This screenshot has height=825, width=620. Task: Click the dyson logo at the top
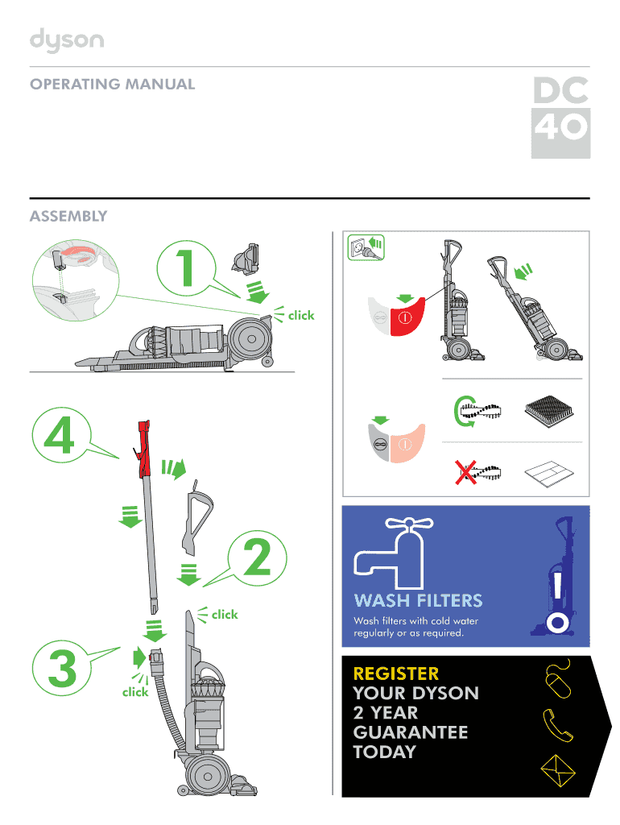(x=67, y=40)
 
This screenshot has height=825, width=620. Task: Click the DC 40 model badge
(x=560, y=118)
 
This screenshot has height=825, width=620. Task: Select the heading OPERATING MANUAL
(x=113, y=84)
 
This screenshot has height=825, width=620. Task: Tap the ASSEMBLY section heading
(x=68, y=216)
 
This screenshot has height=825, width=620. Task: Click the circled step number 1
(x=186, y=267)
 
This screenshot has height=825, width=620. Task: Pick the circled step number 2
(x=257, y=558)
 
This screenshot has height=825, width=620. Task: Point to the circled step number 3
(x=62, y=668)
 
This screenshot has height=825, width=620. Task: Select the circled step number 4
(x=61, y=435)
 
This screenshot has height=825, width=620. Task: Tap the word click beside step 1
(x=301, y=316)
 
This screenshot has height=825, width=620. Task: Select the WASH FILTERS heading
(x=419, y=600)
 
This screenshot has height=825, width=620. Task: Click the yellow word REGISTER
(x=396, y=674)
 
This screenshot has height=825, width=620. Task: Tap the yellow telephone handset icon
(x=557, y=725)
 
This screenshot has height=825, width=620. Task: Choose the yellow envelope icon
(x=558, y=771)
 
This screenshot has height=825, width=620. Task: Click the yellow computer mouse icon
(x=558, y=679)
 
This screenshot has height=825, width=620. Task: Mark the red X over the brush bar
(x=465, y=472)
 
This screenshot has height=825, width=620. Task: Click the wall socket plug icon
(x=366, y=247)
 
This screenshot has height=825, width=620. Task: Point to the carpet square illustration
(x=549, y=411)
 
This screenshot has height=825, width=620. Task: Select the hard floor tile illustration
(x=549, y=474)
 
